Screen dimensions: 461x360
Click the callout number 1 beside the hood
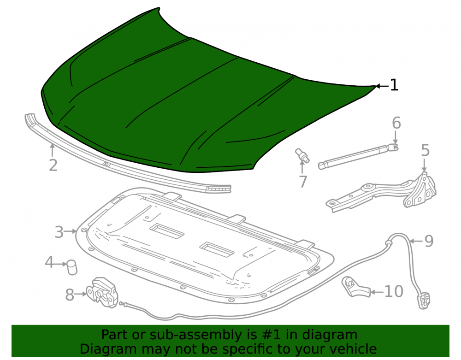(x=394, y=85)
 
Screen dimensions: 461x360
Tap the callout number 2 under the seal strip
(x=53, y=165)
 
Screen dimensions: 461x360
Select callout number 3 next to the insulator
(x=59, y=232)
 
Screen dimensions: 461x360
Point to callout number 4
(x=49, y=262)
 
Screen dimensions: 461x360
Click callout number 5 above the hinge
(x=425, y=150)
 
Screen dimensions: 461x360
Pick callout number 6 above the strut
(x=396, y=123)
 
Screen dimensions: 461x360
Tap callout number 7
(x=303, y=181)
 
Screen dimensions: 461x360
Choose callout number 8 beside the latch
(x=70, y=295)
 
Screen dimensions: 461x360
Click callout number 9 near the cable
(x=429, y=241)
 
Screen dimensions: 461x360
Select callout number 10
(x=394, y=291)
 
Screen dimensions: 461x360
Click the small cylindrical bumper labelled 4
(x=72, y=267)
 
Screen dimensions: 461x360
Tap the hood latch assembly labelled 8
(x=102, y=293)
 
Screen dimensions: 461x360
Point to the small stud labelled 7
(x=302, y=155)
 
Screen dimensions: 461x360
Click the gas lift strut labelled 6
(x=358, y=156)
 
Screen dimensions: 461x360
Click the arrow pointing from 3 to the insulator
(x=71, y=231)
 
